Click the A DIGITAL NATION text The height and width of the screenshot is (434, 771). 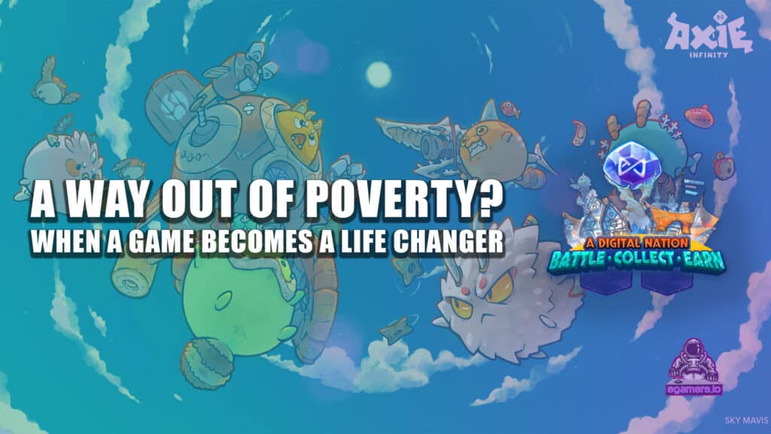[x=637, y=243]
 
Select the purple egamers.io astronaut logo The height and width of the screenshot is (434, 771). [x=694, y=367]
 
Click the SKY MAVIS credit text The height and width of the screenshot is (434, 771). [x=746, y=420]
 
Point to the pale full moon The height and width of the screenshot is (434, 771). [x=379, y=75]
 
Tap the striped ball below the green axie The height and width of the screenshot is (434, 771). [x=206, y=363]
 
